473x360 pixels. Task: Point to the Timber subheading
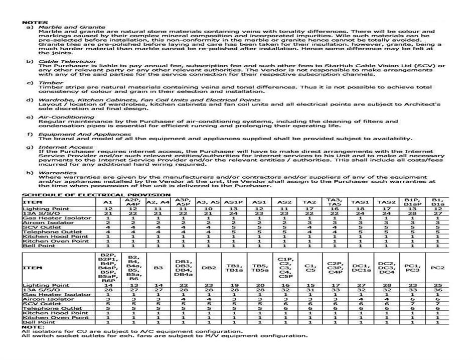(x=51, y=83)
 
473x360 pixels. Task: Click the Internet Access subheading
(x=66, y=147)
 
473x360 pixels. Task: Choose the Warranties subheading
(x=58, y=173)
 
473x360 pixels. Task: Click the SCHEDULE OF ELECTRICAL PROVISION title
(x=96, y=195)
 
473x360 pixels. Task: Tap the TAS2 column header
(x=386, y=202)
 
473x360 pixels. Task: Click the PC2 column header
(x=438, y=268)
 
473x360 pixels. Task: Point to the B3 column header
(x=159, y=268)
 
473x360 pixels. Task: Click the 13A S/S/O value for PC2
(x=438, y=290)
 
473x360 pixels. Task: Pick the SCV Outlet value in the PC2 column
(x=438, y=304)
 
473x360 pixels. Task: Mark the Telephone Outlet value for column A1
(x=107, y=232)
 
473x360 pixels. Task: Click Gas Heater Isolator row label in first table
(x=57, y=218)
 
